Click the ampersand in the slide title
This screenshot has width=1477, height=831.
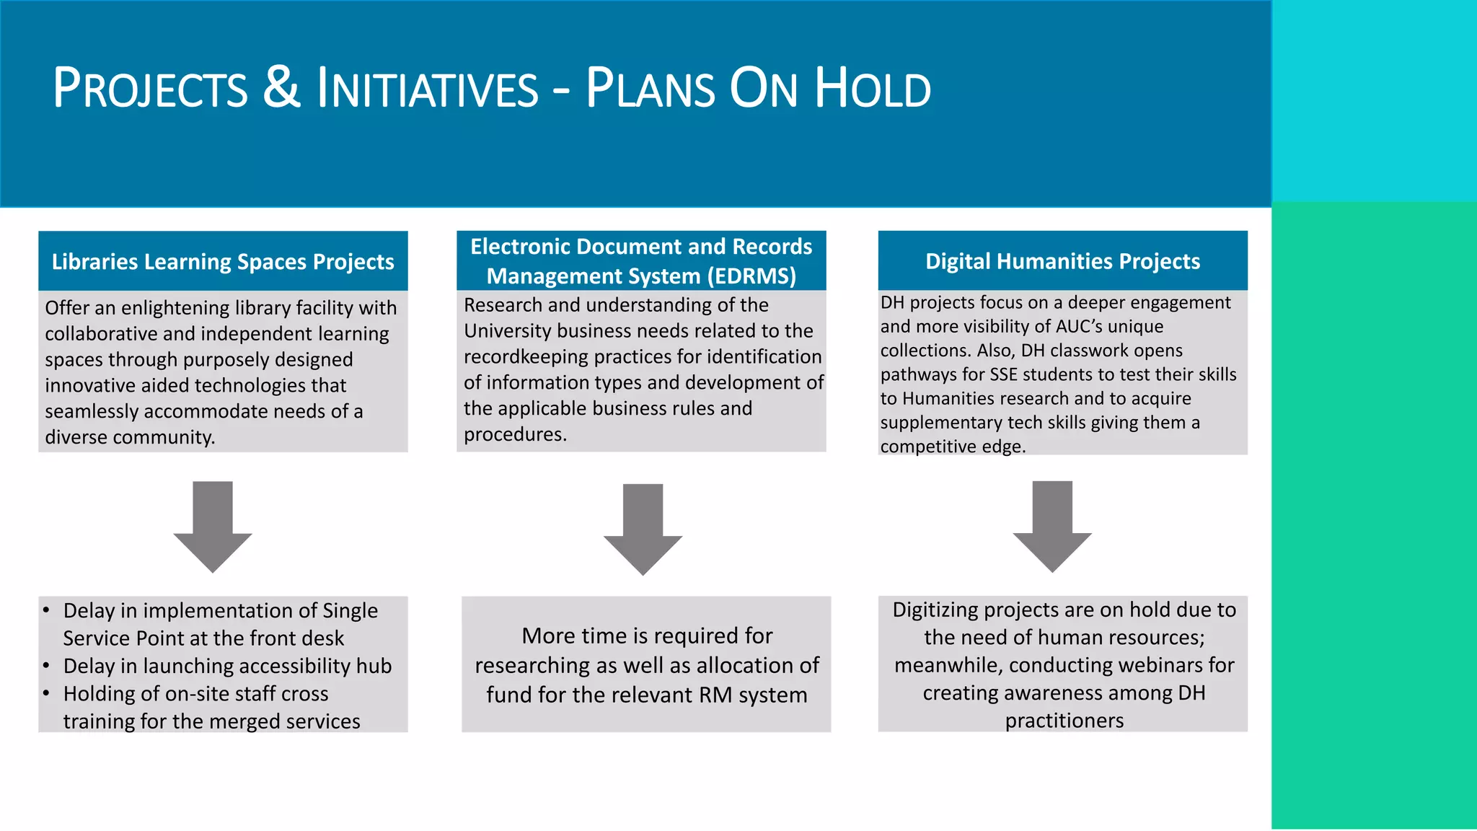[x=281, y=88]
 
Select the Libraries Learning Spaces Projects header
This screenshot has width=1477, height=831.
[x=223, y=261]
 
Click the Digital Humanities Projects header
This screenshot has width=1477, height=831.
[x=1062, y=261]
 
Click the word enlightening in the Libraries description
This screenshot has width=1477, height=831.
[x=175, y=308]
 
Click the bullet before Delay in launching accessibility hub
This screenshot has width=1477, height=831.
[x=46, y=665]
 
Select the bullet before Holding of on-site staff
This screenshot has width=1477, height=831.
[x=46, y=693]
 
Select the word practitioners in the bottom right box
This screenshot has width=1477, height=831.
[x=1064, y=721]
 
